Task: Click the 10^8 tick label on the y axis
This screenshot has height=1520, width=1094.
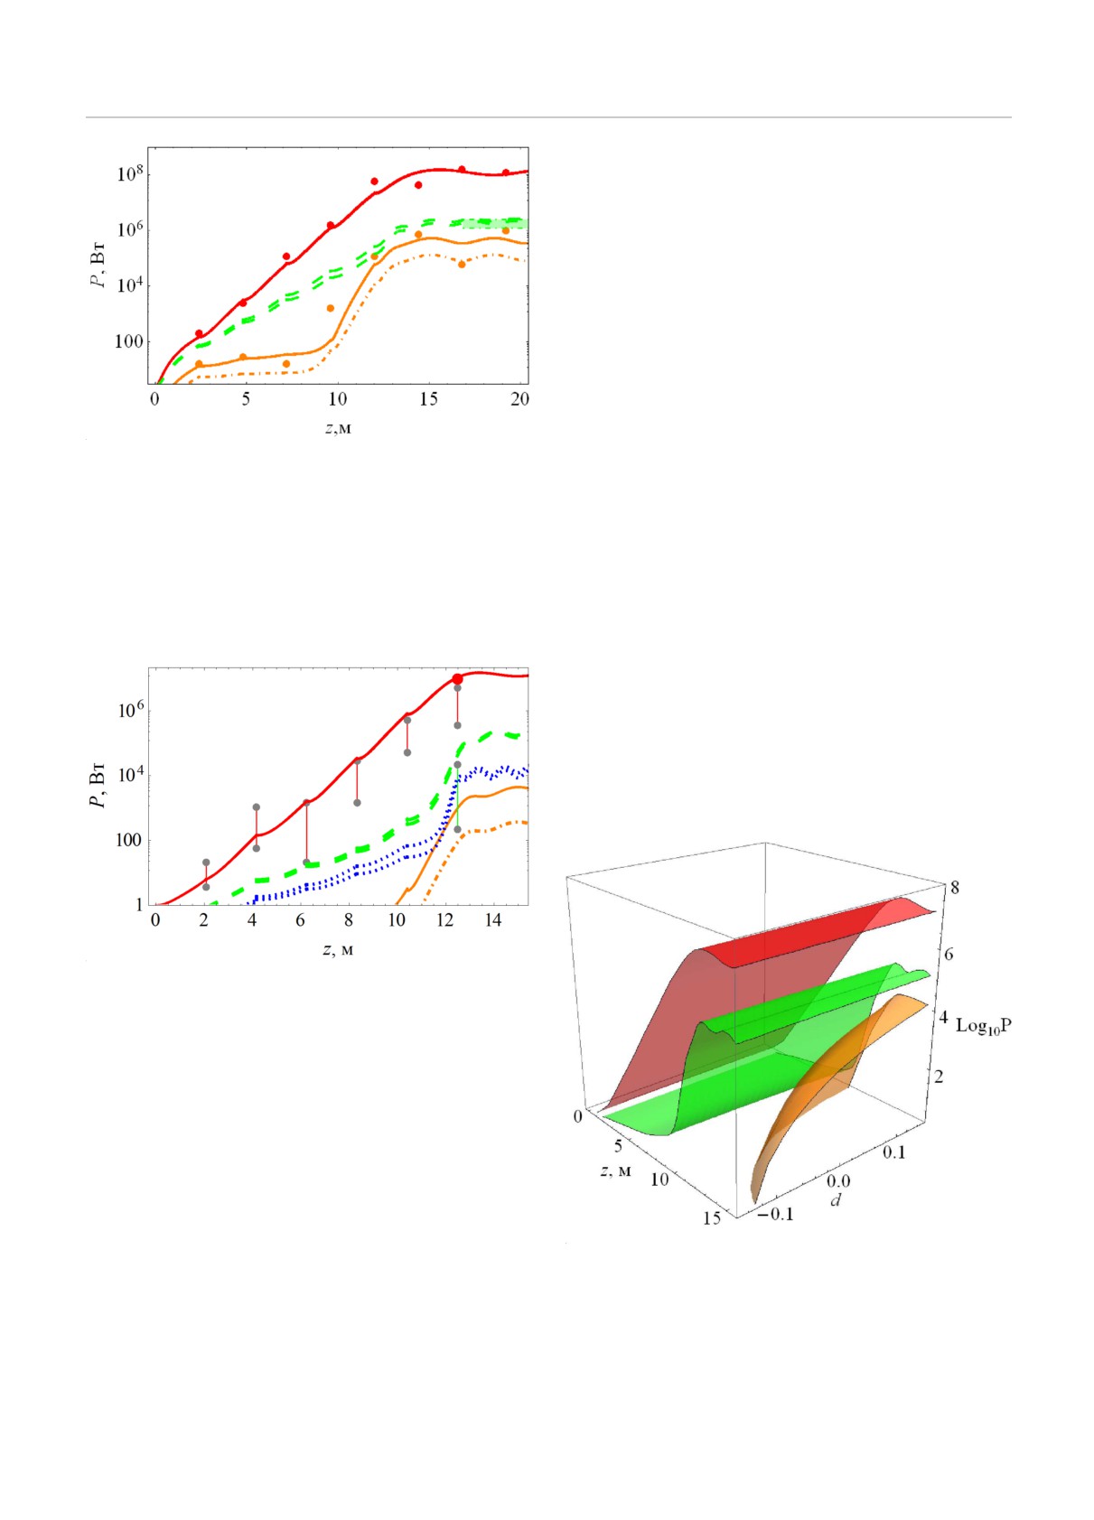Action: click(130, 173)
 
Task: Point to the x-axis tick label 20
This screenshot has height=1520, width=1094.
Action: click(519, 399)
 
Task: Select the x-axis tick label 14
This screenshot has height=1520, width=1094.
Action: click(492, 920)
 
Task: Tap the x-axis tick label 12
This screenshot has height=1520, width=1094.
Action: click(444, 920)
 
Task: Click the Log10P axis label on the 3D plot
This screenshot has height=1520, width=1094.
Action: click(983, 1026)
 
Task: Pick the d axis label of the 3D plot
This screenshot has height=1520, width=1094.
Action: click(836, 1200)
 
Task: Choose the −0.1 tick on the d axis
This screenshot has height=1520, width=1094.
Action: click(774, 1214)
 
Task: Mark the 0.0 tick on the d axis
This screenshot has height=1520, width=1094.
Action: click(838, 1181)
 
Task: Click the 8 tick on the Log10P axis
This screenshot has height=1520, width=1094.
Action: click(955, 888)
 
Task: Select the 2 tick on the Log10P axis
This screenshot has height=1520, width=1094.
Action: click(939, 1077)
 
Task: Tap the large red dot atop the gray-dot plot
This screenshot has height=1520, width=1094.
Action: click(457, 679)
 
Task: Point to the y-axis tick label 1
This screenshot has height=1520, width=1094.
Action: click(139, 904)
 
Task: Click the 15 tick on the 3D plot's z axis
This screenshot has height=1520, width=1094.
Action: click(712, 1218)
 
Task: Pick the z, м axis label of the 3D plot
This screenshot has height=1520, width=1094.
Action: click(615, 1171)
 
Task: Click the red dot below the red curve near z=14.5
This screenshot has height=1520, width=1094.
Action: click(418, 185)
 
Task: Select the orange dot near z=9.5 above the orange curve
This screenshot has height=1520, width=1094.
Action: click(331, 309)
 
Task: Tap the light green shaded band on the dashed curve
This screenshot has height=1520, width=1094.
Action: click(495, 223)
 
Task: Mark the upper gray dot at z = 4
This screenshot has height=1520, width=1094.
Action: click(256, 807)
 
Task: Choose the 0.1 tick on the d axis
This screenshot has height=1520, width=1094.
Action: click(894, 1152)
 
